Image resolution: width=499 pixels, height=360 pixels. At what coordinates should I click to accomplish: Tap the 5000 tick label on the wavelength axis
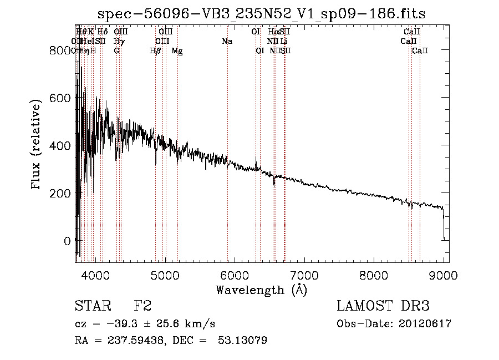[165, 273]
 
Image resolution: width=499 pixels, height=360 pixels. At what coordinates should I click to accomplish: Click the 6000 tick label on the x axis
[235, 273]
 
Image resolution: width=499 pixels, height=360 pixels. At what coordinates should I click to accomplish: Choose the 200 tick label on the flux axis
[63, 193]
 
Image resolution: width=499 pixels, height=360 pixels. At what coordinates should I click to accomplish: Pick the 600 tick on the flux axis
[63, 98]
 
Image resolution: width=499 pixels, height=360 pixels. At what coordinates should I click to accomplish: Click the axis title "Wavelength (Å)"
[261, 290]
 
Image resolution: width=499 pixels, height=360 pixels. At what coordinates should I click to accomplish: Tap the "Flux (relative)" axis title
[37, 145]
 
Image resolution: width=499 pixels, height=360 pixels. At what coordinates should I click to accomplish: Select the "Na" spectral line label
[227, 42]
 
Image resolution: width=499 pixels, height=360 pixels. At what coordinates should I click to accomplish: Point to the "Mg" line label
[177, 51]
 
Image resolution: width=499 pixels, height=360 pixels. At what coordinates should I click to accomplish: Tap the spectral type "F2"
[142, 306]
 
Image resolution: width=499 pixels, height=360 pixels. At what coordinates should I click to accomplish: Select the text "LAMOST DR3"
[383, 306]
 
